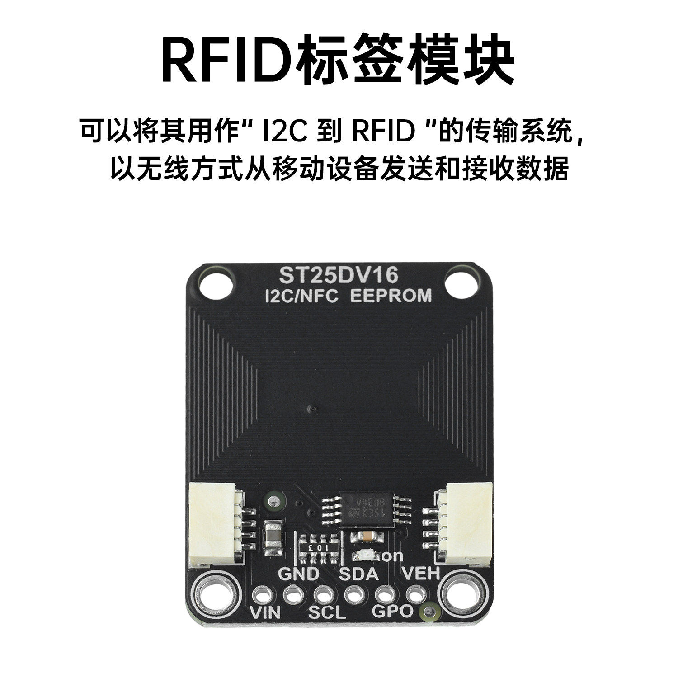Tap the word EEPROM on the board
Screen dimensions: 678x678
tap(391, 296)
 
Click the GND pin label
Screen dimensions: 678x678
tap(298, 574)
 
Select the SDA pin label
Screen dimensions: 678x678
tap(358, 574)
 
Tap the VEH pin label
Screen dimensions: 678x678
tap(420, 574)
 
